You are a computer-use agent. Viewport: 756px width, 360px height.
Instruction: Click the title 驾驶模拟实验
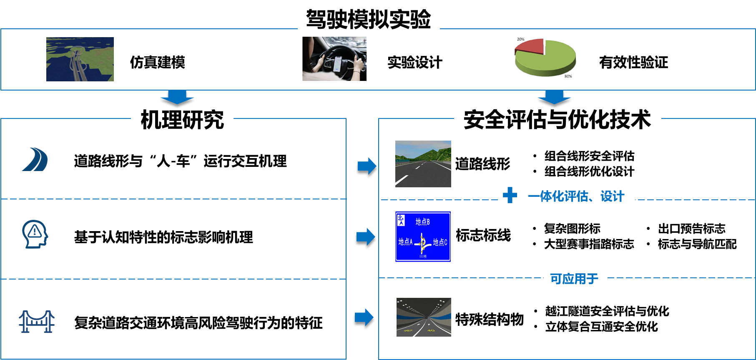(x=369, y=19)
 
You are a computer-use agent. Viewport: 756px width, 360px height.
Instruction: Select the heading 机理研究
(x=182, y=120)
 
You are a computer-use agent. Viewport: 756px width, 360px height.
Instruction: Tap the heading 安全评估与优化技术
(x=557, y=119)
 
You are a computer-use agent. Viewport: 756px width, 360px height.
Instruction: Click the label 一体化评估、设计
(x=576, y=196)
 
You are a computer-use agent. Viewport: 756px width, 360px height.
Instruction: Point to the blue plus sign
(x=510, y=195)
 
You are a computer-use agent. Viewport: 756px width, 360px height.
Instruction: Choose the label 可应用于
(x=574, y=279)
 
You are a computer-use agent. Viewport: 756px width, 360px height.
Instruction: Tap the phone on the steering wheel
(x=338, y=64)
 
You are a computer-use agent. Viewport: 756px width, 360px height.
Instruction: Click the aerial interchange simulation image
(x=80, y=59)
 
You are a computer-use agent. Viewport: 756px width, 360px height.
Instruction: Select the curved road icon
(x=35, y=159)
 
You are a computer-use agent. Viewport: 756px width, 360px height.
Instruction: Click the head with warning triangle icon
(x=35, y=234)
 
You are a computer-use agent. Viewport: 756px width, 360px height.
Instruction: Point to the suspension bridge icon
(x=37, y=321)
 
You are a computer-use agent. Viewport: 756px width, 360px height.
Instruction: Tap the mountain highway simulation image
(x=423, y=164)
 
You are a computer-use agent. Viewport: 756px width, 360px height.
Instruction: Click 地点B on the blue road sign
(x=422, y=222)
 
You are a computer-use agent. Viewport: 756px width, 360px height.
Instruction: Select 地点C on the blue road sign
(x=440, y=242)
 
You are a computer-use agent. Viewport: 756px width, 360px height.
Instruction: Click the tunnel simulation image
(x=424, y=317)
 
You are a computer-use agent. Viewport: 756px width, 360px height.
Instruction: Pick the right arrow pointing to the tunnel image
(x=364, y=317)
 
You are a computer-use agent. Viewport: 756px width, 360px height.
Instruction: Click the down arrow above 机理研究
(x=177, y=97)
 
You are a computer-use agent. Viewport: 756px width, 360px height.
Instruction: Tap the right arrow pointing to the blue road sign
(x=366, y=237)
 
